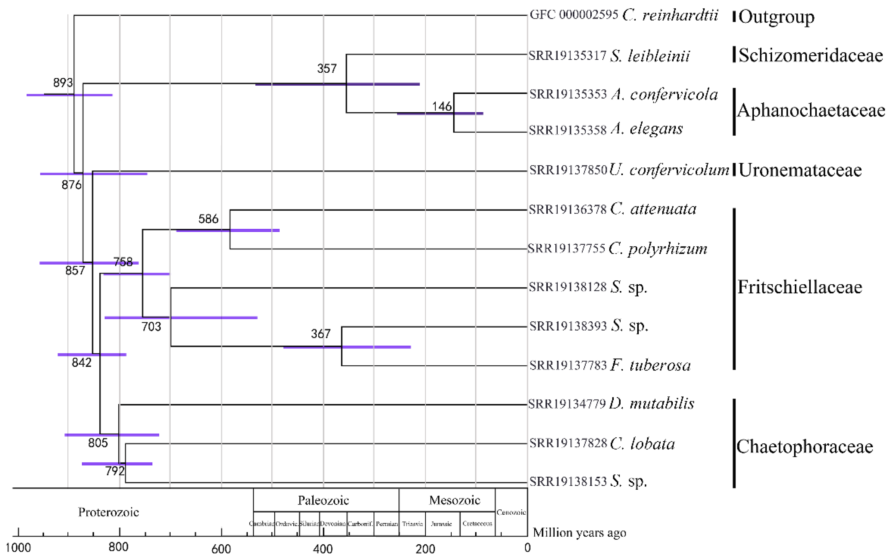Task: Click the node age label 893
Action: pos(63,83)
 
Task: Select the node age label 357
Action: pos(327,68)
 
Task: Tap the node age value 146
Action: pos(442,107)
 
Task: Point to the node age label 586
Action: pos(208,219)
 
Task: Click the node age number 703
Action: pos(151,326)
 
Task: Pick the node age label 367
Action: pos(320,334)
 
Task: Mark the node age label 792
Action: pos(115,471)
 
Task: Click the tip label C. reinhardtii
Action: pos(670,15)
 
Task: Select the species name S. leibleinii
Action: pos(649,56)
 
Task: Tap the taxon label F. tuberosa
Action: pos(650,366)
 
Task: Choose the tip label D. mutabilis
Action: pos(651,403)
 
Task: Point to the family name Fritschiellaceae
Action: pos(799,287)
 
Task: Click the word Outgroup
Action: pos(776,17)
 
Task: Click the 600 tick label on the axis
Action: pos(221,549)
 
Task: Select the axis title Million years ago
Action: pos(579,533)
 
